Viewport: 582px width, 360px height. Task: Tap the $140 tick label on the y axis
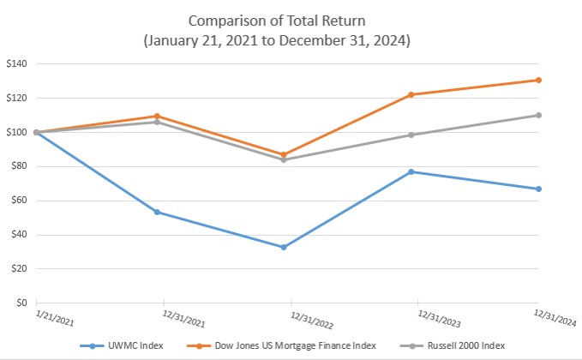tap(16, 63)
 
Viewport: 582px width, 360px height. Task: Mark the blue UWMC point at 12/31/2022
tap(284, 247)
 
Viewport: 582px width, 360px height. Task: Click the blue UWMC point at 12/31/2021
tap(157, 212)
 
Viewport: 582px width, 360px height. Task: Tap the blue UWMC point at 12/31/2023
tap(411, 171)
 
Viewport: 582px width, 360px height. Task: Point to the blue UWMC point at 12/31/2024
tap(538, 189)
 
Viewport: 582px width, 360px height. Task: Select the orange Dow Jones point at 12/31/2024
tap(538, 80)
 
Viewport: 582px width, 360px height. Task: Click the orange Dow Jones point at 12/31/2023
tap(411, 94)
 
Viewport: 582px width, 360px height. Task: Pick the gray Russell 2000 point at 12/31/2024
tap(538, 115)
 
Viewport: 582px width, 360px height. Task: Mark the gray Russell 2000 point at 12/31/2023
tap(411, 135)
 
